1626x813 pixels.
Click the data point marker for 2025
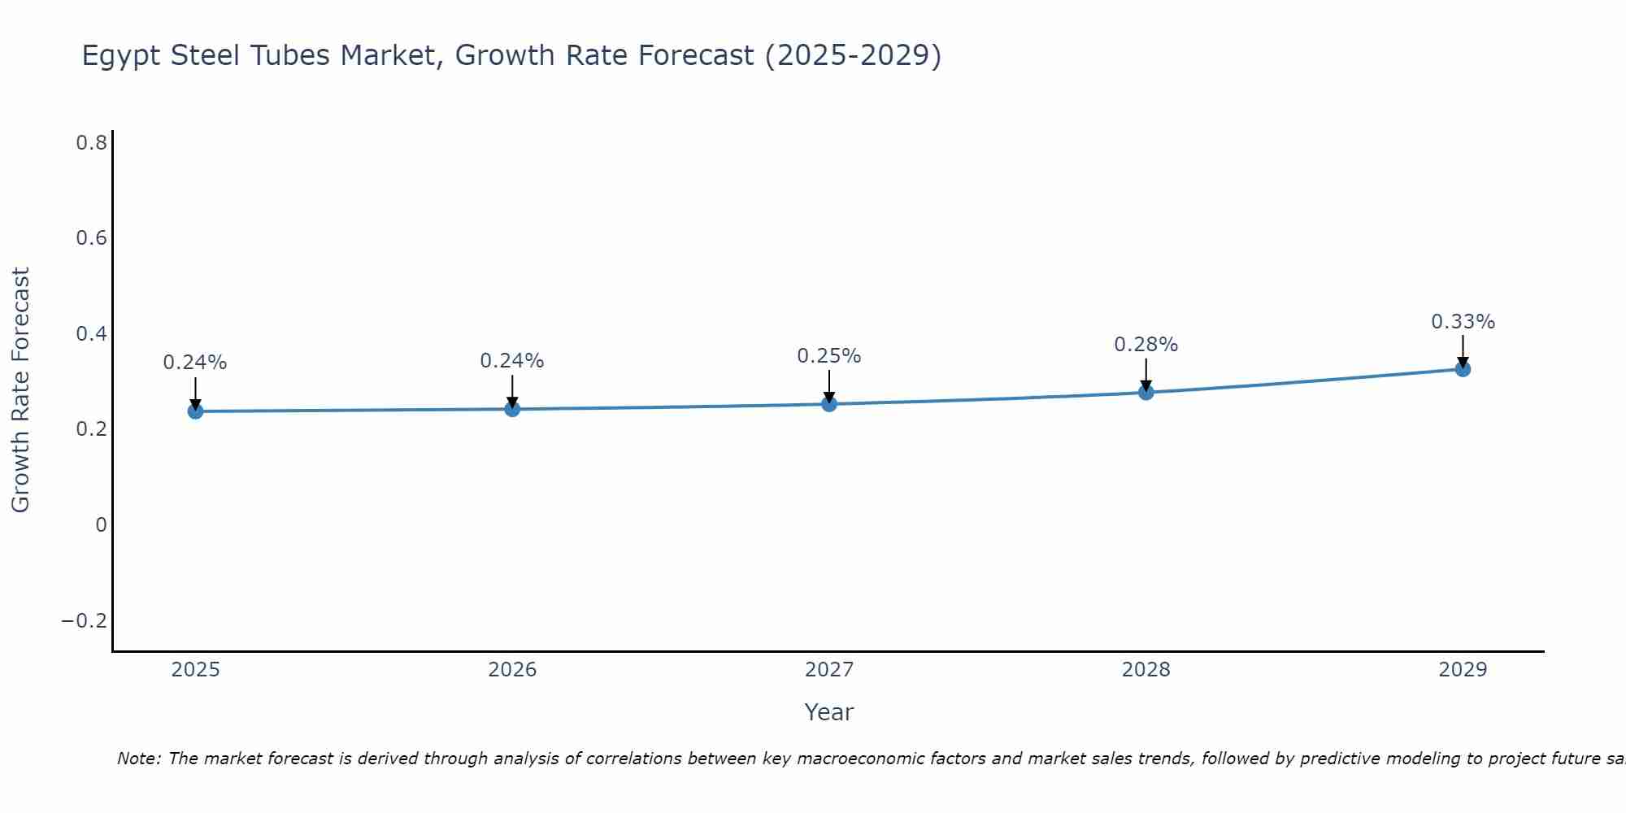coord(195,411)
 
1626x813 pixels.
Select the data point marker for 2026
coord(512,409)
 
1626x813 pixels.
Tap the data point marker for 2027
coord(829,404)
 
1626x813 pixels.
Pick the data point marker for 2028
coord(1146,393)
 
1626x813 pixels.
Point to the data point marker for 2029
coord(1463,369)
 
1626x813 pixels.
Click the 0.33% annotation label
coord(1463,322)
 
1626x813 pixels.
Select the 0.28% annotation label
coord(1146,345)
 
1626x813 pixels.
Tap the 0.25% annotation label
coord(828,356)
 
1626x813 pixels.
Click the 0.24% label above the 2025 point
coord(195,363)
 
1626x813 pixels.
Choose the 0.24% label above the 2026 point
coord(512,361)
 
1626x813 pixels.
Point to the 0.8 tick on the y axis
coord(92,143)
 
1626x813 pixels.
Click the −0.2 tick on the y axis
coord(85,621)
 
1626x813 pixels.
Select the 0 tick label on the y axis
coord(101,525)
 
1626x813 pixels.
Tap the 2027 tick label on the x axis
coord(829,670)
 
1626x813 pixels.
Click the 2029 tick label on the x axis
coord(1463,670)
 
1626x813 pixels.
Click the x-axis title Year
coord(828,712)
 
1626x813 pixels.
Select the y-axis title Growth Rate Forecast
coord(21,390)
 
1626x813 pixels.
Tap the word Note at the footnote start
coord(139,759)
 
